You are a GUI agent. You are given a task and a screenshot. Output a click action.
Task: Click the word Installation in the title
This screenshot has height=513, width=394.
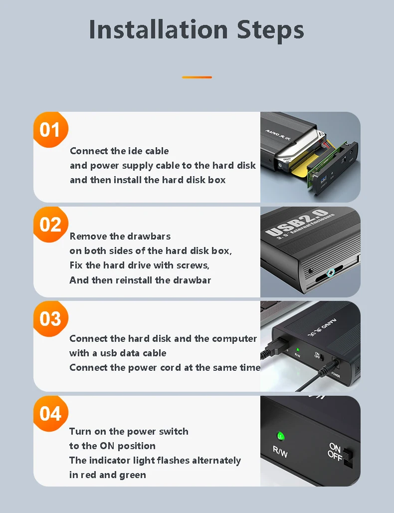click(158, 29)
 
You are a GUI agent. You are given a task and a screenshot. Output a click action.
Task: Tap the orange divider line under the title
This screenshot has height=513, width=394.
click(197, 77)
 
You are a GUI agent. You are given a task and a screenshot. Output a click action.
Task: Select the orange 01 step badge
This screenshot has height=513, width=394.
click(51, 130)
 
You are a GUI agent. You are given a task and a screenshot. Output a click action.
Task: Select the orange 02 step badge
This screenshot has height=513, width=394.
click(51, 225)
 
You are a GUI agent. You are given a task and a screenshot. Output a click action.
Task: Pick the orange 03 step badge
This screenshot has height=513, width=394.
click(51, 319)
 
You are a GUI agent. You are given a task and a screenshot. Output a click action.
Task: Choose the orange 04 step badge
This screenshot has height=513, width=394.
click(51, 414)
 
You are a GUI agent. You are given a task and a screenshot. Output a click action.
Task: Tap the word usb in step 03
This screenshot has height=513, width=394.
click(109, 353)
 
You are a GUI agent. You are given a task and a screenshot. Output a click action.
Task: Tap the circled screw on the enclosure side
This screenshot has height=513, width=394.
click(331, 272)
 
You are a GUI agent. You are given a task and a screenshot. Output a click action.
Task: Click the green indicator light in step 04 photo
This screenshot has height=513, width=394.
click(281, 436)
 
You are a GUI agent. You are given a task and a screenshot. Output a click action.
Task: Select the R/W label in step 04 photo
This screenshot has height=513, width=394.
click(280, 452)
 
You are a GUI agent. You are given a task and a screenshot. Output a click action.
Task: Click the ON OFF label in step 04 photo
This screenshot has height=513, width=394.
click(335, 452)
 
